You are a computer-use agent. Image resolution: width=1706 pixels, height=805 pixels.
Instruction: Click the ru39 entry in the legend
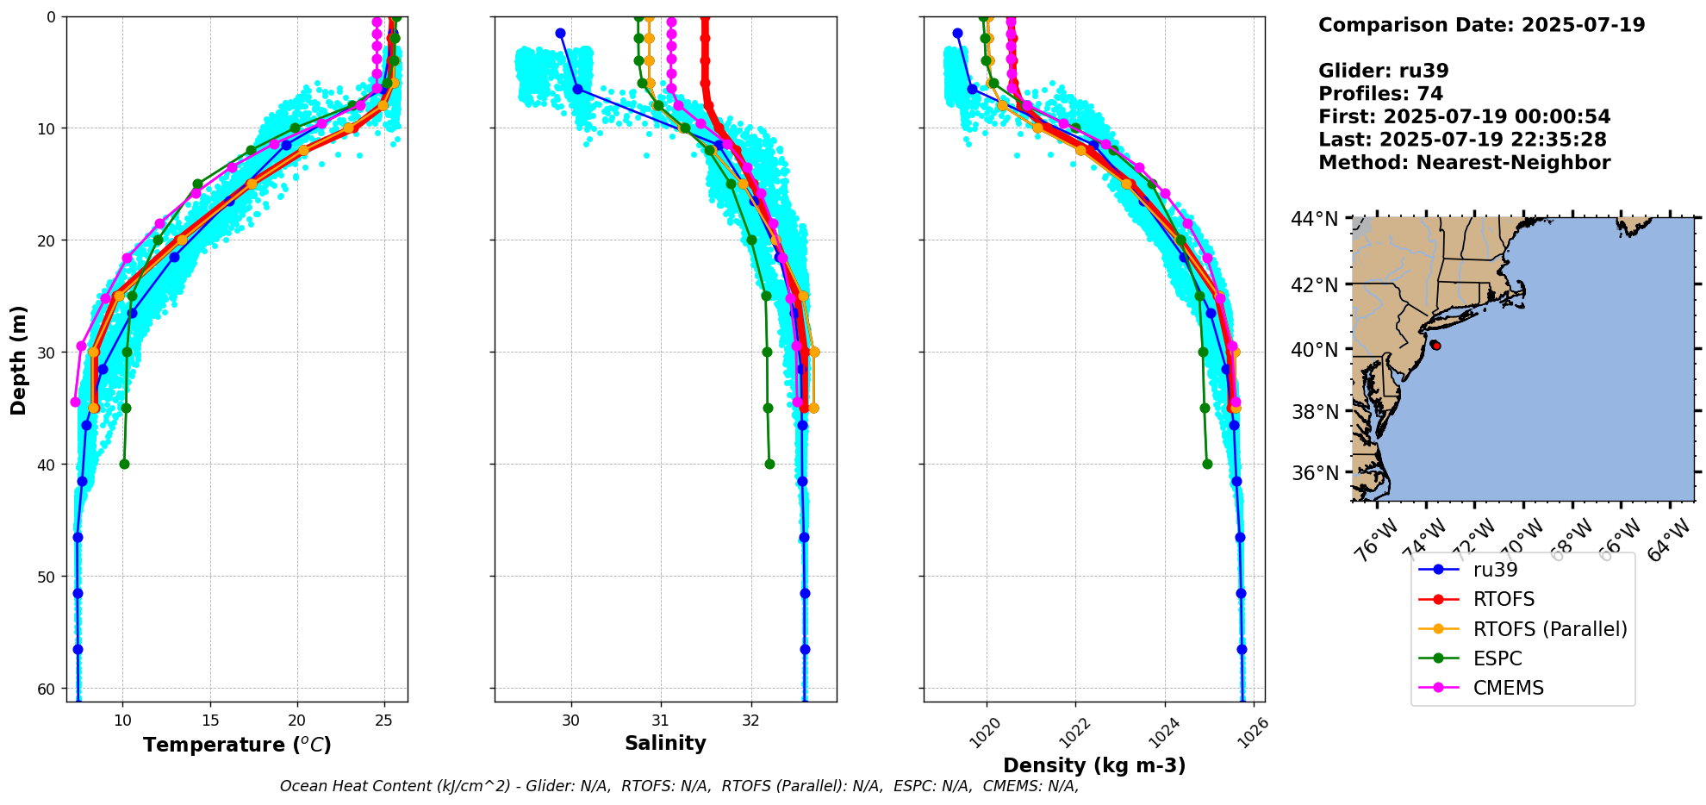1495,570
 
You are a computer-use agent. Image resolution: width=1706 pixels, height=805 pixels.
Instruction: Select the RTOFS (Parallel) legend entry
1550,629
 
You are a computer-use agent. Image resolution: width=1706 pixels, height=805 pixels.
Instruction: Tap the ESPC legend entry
1497,658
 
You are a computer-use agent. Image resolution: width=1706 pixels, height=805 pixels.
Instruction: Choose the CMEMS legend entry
1508,688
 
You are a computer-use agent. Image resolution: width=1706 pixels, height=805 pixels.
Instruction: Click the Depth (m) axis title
19,359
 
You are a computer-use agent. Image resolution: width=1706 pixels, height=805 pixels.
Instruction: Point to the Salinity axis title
665,743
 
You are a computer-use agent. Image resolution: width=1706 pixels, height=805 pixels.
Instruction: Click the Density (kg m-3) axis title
1094,765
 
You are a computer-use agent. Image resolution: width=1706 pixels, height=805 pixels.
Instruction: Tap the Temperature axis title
237,745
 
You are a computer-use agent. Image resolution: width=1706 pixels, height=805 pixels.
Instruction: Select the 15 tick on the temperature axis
209,721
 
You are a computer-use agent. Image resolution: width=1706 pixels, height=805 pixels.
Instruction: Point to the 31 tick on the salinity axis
661,721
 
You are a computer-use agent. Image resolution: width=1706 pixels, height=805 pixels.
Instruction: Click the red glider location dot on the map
1436,346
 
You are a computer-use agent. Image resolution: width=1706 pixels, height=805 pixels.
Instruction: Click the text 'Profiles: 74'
1380,94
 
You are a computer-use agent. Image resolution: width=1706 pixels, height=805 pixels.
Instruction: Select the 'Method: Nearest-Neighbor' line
1464,163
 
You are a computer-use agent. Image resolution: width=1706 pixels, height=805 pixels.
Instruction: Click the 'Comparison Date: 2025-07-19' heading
1481,25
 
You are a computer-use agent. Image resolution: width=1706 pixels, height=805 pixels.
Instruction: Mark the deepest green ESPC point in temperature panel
124,464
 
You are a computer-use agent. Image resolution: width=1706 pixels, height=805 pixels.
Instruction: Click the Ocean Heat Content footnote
679,786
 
